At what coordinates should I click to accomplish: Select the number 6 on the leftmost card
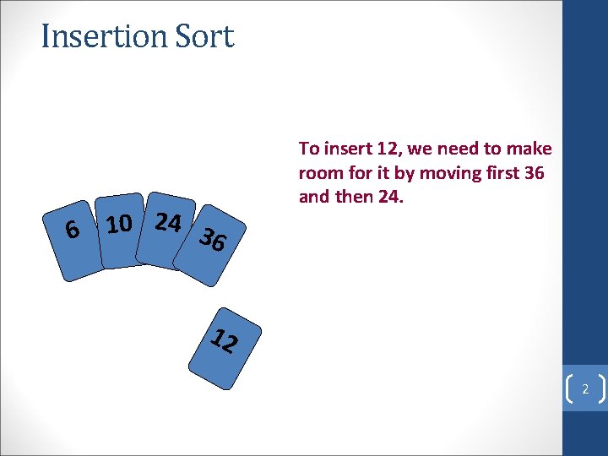pyautogui.click(x=73, y=229)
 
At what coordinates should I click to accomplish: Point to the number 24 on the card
pyautogui.click(x=168, y=222)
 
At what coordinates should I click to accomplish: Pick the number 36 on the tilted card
pyautogui.click(x=213, y=241)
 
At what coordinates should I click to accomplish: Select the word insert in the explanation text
pyautogui.click(x=345, y=149)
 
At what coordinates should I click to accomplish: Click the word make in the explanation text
pyautogui.click(x=530, y=149)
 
